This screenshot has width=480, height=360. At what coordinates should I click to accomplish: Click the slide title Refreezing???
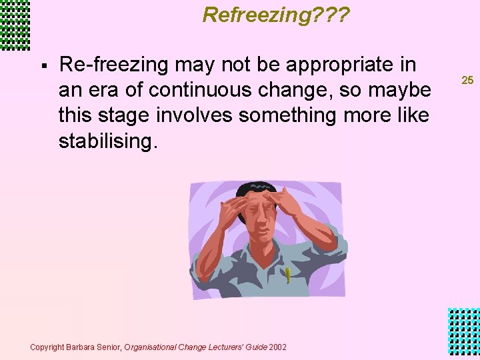(x=276, y=15)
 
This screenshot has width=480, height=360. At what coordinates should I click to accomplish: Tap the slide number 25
(x=467, y=80)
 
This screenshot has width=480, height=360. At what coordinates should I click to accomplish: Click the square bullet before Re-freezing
(x=43, y=66)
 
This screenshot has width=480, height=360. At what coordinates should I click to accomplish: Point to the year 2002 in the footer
(x=277, y=347)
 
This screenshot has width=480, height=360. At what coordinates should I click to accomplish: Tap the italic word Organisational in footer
(x=148, y=347)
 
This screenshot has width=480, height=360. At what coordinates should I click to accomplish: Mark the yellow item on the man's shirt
(x=287, y=274)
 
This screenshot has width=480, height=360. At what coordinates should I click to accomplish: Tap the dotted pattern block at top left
(x=15, y=25)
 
